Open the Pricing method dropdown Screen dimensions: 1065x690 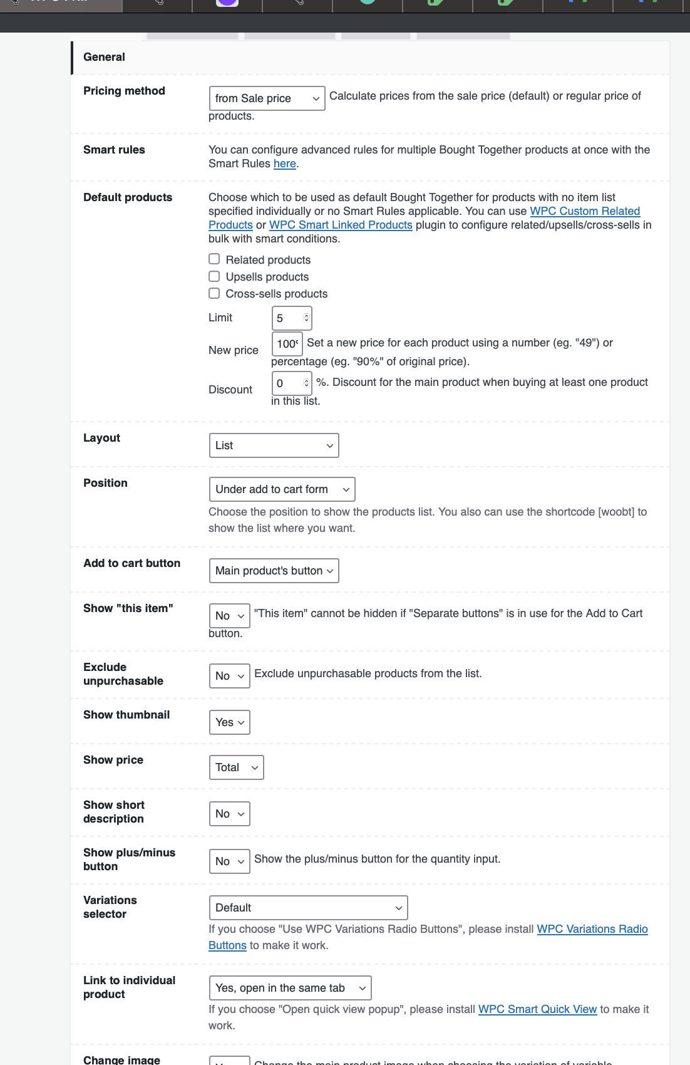click(x=267, y=98)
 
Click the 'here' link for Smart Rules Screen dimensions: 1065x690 click(x=284, y=164)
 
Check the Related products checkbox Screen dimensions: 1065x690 click(x=214, y=259)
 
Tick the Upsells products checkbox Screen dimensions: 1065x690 click(x=214, y=276)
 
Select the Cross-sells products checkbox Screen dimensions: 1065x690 click(x=214, y=293)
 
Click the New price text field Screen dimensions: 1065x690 click(x=287, y=343)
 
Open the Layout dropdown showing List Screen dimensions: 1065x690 click(x=274, y=445)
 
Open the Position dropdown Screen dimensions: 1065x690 click(x=282, y=489)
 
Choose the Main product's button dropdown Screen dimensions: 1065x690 click(x=274, y=571)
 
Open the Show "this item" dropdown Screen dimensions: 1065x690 click(x=229, y=616)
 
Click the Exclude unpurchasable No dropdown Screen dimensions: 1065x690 click(x=229, y=676)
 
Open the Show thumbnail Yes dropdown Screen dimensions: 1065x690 click(x=229, y=722)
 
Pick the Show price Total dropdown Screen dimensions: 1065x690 click(x=236, y=767)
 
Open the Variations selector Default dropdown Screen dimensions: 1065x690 click(x=308, y=908)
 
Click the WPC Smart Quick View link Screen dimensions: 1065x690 click(x=537, y=1009)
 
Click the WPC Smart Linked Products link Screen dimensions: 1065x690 click(x=341, y=225)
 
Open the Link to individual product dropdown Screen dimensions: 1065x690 click(x=290, y=988)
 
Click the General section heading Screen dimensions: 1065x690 click(x=104, y=57)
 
